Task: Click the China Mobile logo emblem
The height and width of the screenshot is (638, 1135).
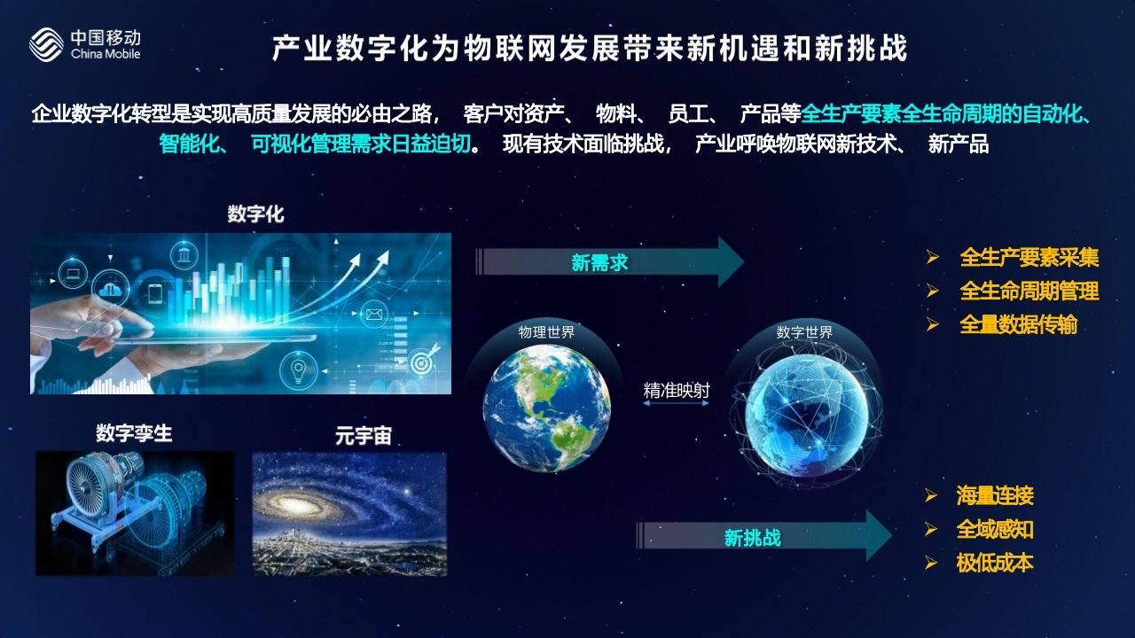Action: [46, 44]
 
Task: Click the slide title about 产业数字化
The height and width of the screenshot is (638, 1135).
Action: [590, 49]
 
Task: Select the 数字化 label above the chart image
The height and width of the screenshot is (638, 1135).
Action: [256, 214]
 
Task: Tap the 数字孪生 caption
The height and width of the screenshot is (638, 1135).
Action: [134, 433]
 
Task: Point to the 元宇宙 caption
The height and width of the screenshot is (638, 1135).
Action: [364, 435]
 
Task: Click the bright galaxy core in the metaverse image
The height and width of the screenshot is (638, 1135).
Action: [293, 504]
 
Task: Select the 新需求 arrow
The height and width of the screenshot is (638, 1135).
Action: [609, 262]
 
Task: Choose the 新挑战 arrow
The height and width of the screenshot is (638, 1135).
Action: [763, 536]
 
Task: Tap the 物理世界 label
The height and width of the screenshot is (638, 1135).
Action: [546, 332]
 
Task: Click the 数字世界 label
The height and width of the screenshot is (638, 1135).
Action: [804, 332]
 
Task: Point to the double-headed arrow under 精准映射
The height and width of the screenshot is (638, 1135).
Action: [676, 403]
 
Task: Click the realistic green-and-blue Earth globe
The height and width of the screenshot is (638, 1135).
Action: [547, 408]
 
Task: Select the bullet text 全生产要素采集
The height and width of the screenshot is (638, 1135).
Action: [1029, 257]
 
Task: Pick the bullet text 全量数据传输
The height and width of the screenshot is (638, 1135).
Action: [1019, 324]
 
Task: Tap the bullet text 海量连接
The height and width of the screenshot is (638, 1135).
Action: [995, 495]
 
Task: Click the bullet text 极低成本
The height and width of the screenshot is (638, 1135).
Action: [995, 563]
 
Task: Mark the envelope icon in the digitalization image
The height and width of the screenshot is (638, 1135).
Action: [374, 314]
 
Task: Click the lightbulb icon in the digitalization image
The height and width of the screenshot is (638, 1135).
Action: [298, 370]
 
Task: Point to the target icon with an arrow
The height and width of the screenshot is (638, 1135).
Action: [422, 360]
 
